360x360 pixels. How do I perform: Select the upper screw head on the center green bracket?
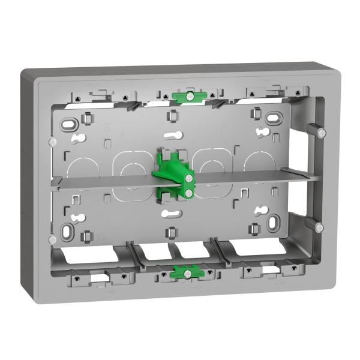point(189,178)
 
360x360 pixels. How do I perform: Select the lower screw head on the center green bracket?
point(188,193)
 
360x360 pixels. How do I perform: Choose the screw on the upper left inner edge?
point(54,142)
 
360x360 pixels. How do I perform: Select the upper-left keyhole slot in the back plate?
point(77,139)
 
